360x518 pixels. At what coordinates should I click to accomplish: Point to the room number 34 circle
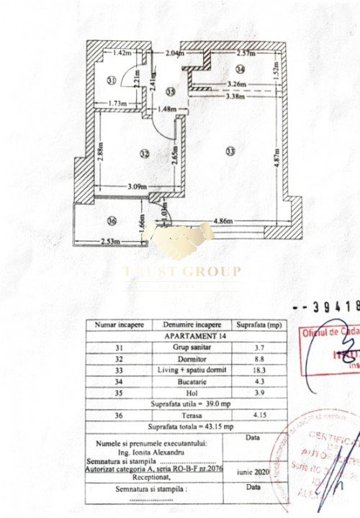[240, 69]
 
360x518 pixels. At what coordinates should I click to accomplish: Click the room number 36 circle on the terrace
[111, 221]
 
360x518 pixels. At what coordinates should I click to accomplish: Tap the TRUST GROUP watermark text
[182, 271]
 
